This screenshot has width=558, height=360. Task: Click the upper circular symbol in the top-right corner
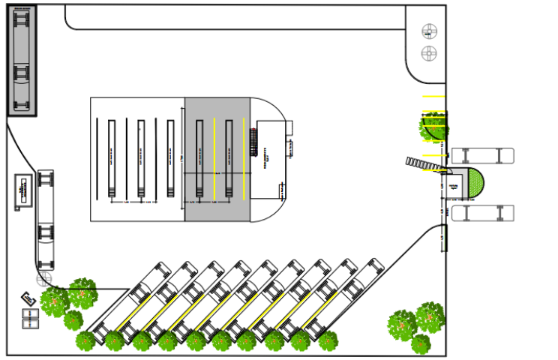[429, 31]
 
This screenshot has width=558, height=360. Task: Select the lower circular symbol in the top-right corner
[429, 53]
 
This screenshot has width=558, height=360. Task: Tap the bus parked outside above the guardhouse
[482, 156]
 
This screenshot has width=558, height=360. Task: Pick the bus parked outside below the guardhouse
[482, 213]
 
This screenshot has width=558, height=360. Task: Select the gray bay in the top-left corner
[22, 60]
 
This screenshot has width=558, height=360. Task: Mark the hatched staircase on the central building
[254, 142]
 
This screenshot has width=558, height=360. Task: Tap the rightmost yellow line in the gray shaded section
[247, 157]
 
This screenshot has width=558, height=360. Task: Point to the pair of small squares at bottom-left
[29, 319]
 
